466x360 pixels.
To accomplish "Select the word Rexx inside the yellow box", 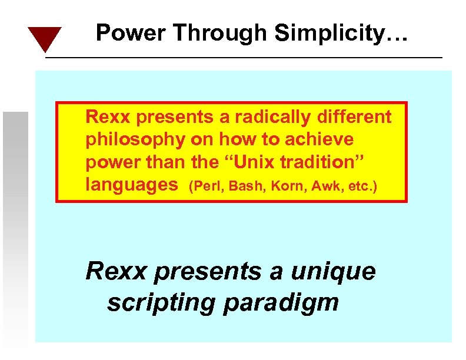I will (106, 117).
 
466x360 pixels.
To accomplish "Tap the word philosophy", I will (134, 140).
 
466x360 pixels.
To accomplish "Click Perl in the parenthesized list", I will (203, 187).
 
